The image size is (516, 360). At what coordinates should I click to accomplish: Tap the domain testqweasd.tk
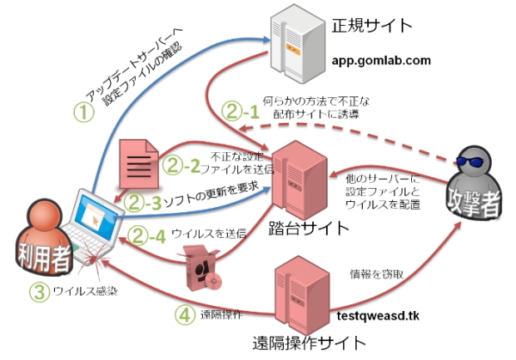click(384, 316)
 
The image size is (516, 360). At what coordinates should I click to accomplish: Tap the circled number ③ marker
click(37, 291)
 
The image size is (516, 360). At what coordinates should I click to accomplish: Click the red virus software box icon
click(200, 266)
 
